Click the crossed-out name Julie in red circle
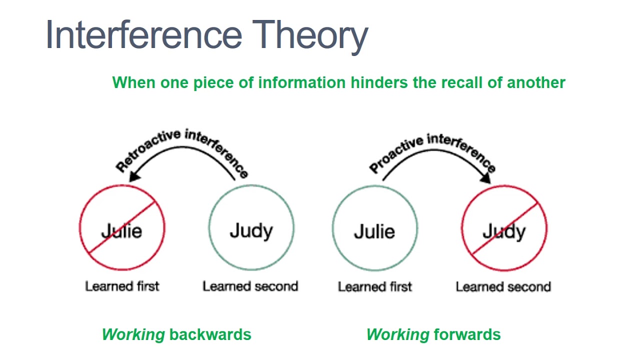121,231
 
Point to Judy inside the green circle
251,231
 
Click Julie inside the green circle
374,231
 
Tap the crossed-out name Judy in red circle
504,231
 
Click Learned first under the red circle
122,286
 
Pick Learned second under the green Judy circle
250,286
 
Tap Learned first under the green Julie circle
374,287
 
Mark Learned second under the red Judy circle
503,287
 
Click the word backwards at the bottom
210,334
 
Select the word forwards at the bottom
467,334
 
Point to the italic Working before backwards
133,334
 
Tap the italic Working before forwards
397,334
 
